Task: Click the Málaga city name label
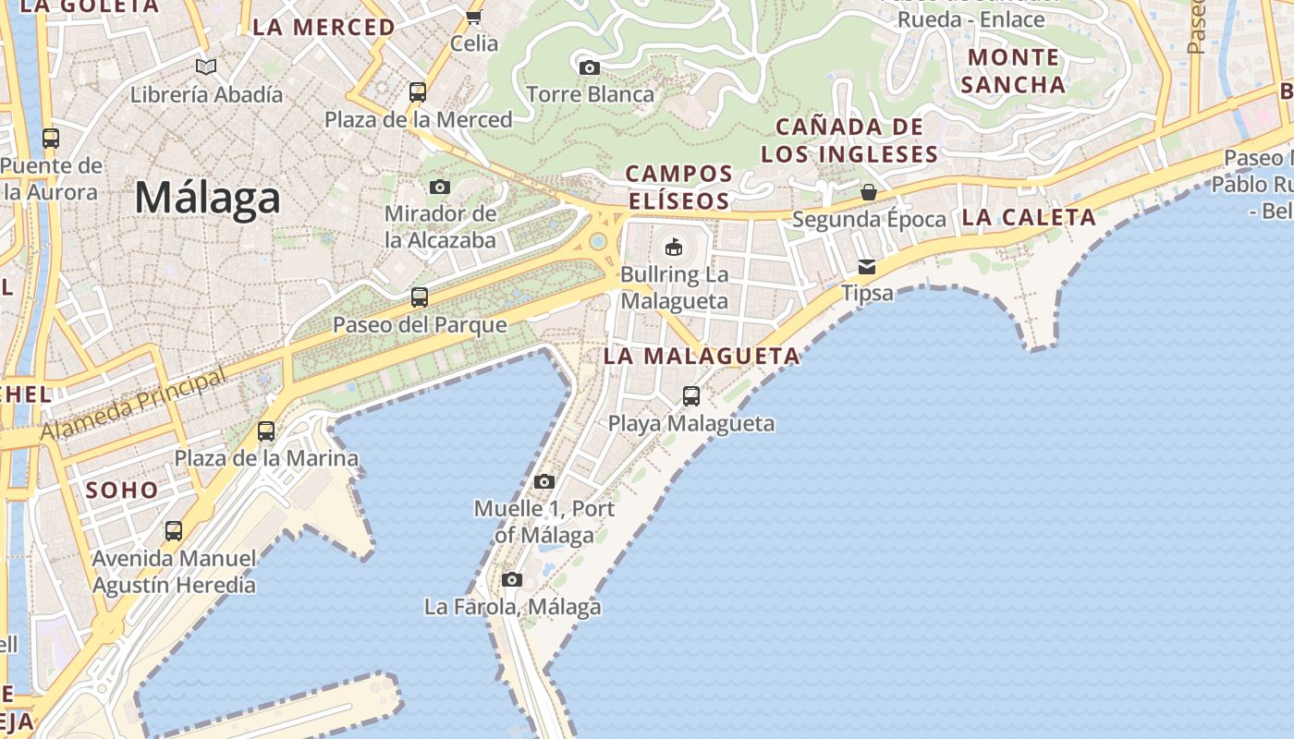click(207, 199)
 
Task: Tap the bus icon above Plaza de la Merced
click(418, 92)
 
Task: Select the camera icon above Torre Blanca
click(589, 67)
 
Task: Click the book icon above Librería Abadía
click(206, 67)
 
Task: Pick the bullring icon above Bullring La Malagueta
click(674, 247)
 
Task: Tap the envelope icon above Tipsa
click(867, 267)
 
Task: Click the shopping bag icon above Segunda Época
click(869, 192)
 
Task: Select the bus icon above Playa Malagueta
click(691, 396)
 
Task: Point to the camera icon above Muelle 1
click(544, 481)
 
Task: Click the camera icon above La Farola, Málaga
click(512, 579)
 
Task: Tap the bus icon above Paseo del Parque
click(420, 297)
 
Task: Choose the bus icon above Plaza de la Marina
click(266, 430)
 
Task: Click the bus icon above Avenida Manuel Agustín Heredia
click(174, 531)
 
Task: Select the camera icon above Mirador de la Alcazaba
click(440, 187)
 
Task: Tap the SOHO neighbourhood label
click(122, 490)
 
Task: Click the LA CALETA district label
click(1029, 218)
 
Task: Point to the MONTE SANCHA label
click(1013, 71)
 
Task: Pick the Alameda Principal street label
click(133, 405)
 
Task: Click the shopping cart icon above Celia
click(474, 17)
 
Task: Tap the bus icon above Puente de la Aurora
click(51, 139)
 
